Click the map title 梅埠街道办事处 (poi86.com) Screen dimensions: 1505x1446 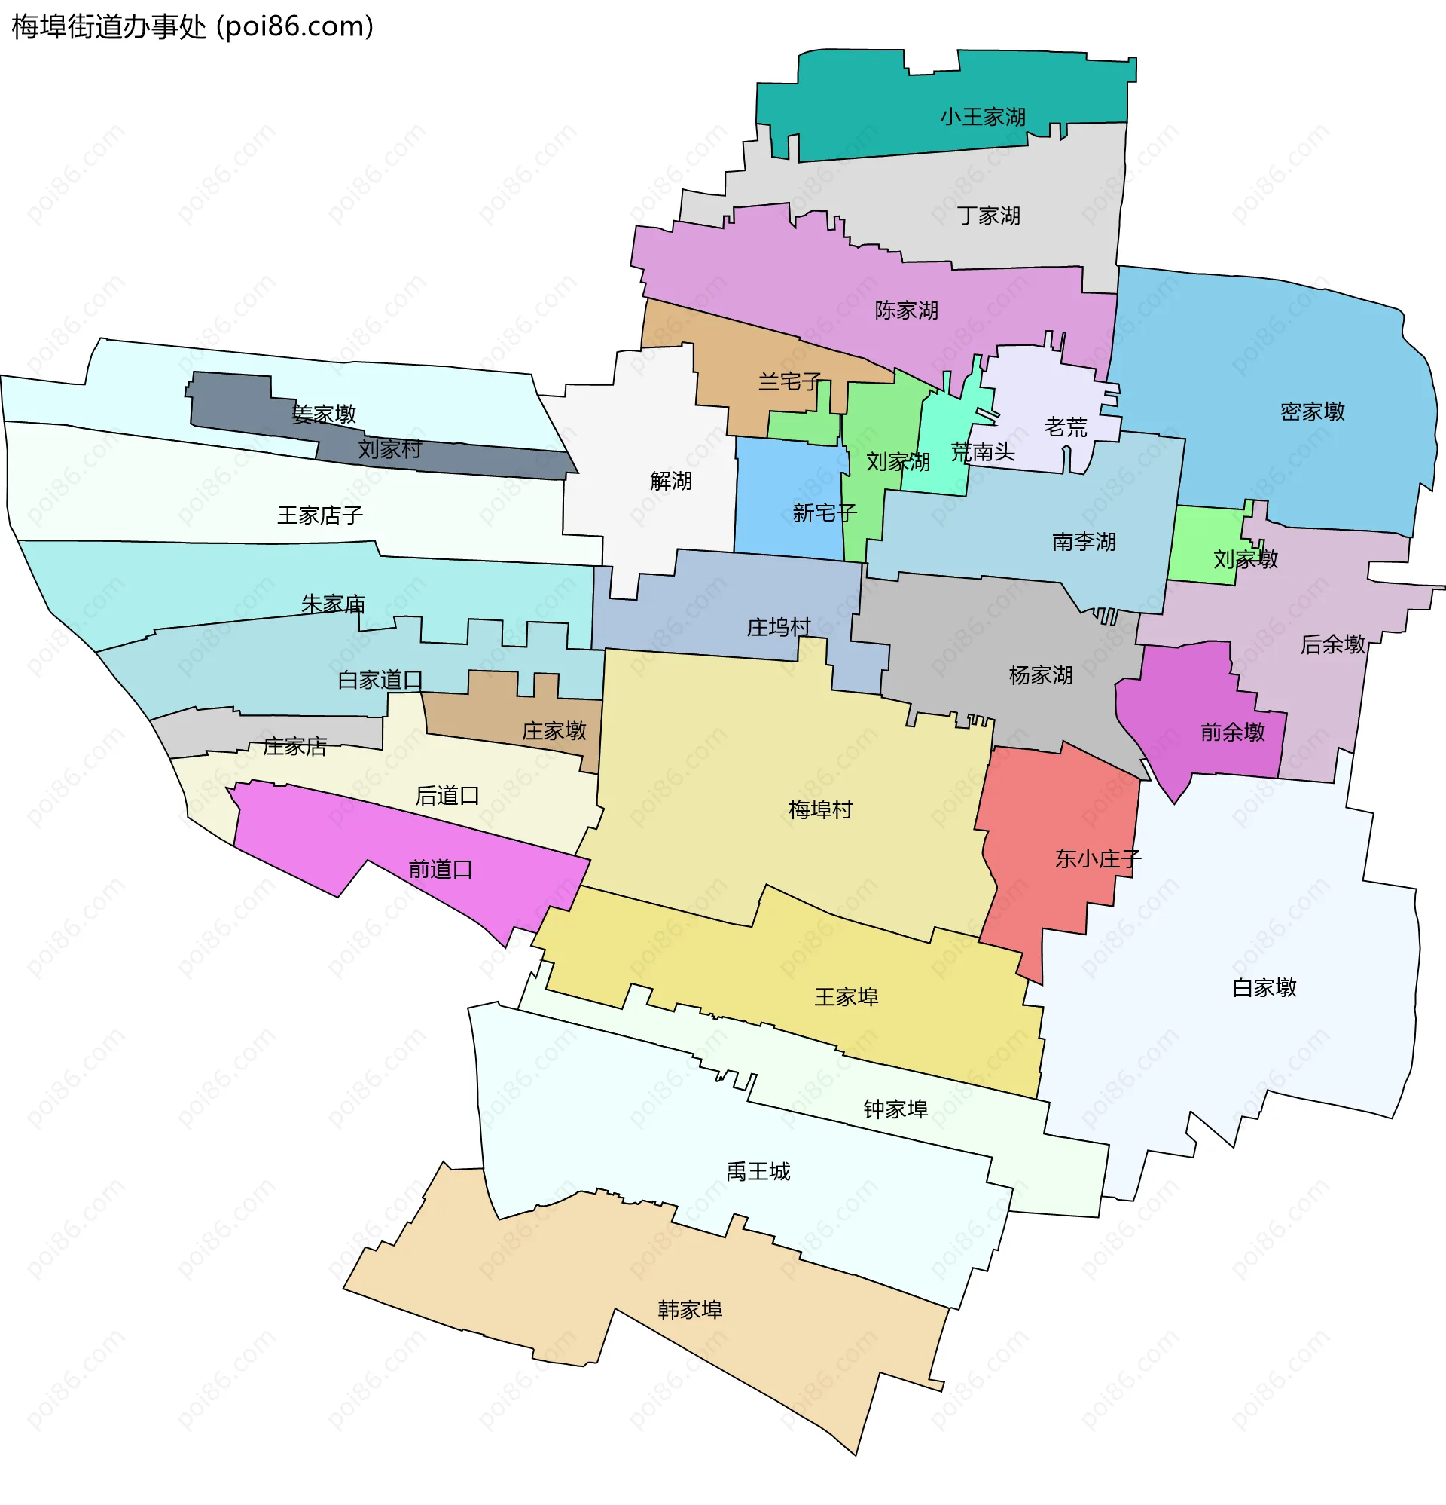(x=192, y=27)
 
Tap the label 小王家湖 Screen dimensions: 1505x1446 (x=982, y=117)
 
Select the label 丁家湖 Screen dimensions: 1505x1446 (x=989, y=216)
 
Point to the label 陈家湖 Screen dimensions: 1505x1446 (x=907, y=310)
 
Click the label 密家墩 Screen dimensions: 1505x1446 (x=1313, y=411)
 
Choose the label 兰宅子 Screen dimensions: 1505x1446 (x=790, y=381)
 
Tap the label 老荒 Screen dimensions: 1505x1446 (x=1066, y=427)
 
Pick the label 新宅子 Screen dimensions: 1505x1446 (x=825, y=512)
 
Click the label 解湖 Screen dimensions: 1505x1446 (x=671, y=481)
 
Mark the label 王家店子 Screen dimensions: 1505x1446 (x=320, y=515)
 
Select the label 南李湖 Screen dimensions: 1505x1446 (x=1084, y=541)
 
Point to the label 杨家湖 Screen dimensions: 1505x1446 (x=1040, y=675)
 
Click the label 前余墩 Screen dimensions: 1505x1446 (x=1233, y=732)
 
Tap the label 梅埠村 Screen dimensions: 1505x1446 (x=820, y=809)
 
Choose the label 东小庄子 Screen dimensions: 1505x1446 (x=1097, y=858)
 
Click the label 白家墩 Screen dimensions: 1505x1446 (x=1264, y=987)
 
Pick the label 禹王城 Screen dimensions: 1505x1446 (x=758, y=1171)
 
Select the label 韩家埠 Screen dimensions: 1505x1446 (x=690, y=1309)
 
